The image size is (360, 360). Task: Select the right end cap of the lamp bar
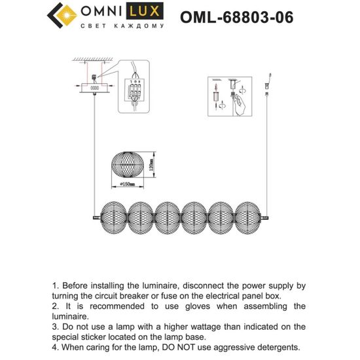click(265, 215)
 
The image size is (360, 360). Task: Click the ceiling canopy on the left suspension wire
click(94, 86)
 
